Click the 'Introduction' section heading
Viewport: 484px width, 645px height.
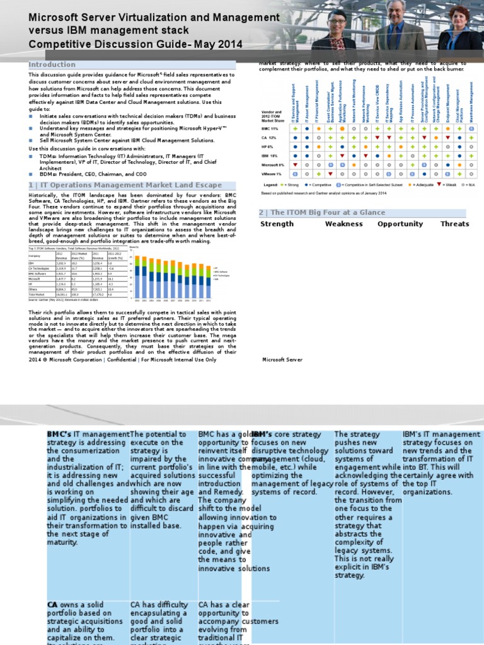coord(52,64)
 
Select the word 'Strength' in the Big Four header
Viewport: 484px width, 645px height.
coord(277,224)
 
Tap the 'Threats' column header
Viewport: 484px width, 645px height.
coord(454,224)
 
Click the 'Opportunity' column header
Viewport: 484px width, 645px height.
coord(400,224)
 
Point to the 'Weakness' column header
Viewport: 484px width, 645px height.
coord(343,224)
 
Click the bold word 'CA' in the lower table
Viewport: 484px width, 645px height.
coord(52,605)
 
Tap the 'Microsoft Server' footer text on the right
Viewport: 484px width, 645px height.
coord(282,360)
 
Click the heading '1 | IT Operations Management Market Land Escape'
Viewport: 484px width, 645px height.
coord(125,185)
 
